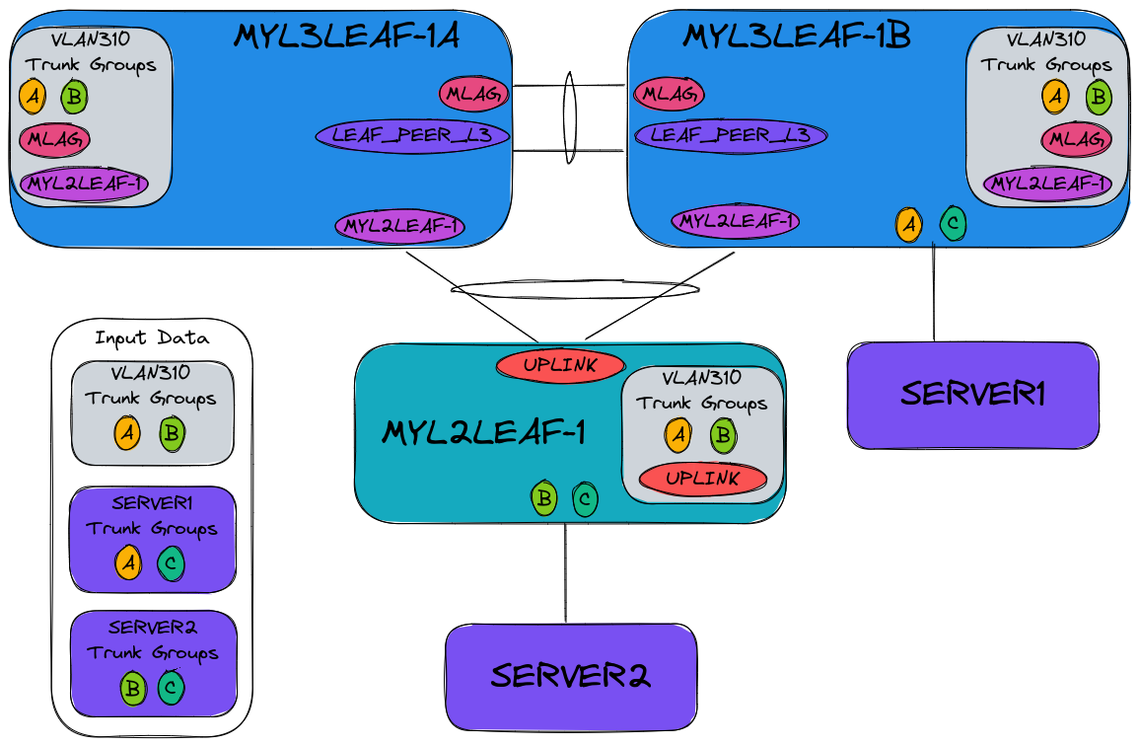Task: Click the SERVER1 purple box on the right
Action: pyautogui.click(x=972, y=395)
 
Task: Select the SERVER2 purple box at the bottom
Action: pyautogui.click(x=571, y=676)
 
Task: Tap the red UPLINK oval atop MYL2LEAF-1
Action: pyautogui.click(x=559, y=365)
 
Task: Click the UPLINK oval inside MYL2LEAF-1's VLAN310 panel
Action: pyautogui.click(x=703, y=479)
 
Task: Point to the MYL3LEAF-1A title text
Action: pyautogui.click(x=346, y=36)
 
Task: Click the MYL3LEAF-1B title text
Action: pyautogui.click(x=796, y=36)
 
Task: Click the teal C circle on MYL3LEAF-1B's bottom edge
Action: pyautogui.click(x=953, y=224)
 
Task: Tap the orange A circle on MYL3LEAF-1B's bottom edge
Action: pyautogui.click(x=908, y=224)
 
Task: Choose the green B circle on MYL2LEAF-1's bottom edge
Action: pyautogui.click(x=543, y=498)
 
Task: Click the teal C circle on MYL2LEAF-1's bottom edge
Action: pyautogui.click(x=585, y=499)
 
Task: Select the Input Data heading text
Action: pyautogui.click(x=152, y=337)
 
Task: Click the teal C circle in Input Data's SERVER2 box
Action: pyautogui.click(x=171, y=688)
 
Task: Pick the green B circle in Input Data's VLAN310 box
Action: pyautogui.click(x=172, y=432)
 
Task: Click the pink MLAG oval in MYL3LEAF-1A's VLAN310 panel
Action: pyautogui.click(x=54, y=138)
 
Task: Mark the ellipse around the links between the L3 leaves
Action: pyautogui.click(x=569, y=116)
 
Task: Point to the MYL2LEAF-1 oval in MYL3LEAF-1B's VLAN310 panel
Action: pyautogui.click(x=1047, y=183)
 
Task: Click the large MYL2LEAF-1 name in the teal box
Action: pyautogui.click(x=483, y=432)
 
